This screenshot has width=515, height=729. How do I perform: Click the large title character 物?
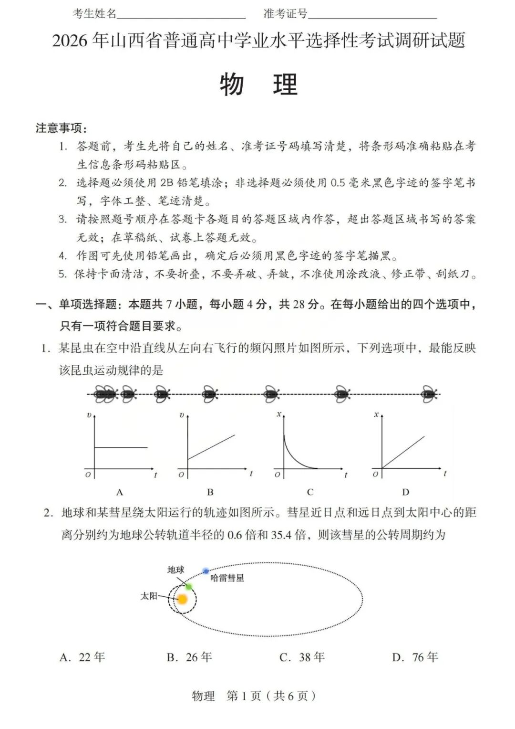pyautogui.click(x=232, y=85)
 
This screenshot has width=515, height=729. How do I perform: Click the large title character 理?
pyautogui.click(x=285, y=85)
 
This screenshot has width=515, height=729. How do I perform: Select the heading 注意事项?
pyautogui.click(x=61, y=128)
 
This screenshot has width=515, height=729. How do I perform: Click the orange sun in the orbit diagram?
pyautogui.click(x=182, y=599)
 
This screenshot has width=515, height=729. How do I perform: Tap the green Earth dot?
pyautogui.click(x=189, y=586)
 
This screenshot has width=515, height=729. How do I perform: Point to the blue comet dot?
pyautogui.click(x=206, y=571)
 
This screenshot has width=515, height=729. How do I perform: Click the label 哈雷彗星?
pyautogui.click(x=227, y=578)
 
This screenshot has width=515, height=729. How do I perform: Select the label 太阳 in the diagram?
pyautogui.click(x=148, y=596)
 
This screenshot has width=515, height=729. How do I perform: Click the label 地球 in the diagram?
pyautogui.click(x=175, y=570)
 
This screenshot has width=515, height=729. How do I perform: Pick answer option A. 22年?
pyautogui.click(x=82, y=657)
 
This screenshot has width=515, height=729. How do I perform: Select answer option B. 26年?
pyautogui.click(x=189, y=657)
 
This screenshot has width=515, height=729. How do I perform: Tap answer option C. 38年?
pyautogui.click(x=302, y=657)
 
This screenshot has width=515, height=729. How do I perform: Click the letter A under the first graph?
pyautogui.click(x=119, y=492)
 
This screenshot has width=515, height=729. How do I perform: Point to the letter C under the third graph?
pyautogui.click(x=310, y=492)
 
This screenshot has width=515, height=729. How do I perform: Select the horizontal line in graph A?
pyautogui.click(x=121, y=447)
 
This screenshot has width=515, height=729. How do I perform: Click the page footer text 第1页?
pyautogui.click(x=244, y=696)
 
